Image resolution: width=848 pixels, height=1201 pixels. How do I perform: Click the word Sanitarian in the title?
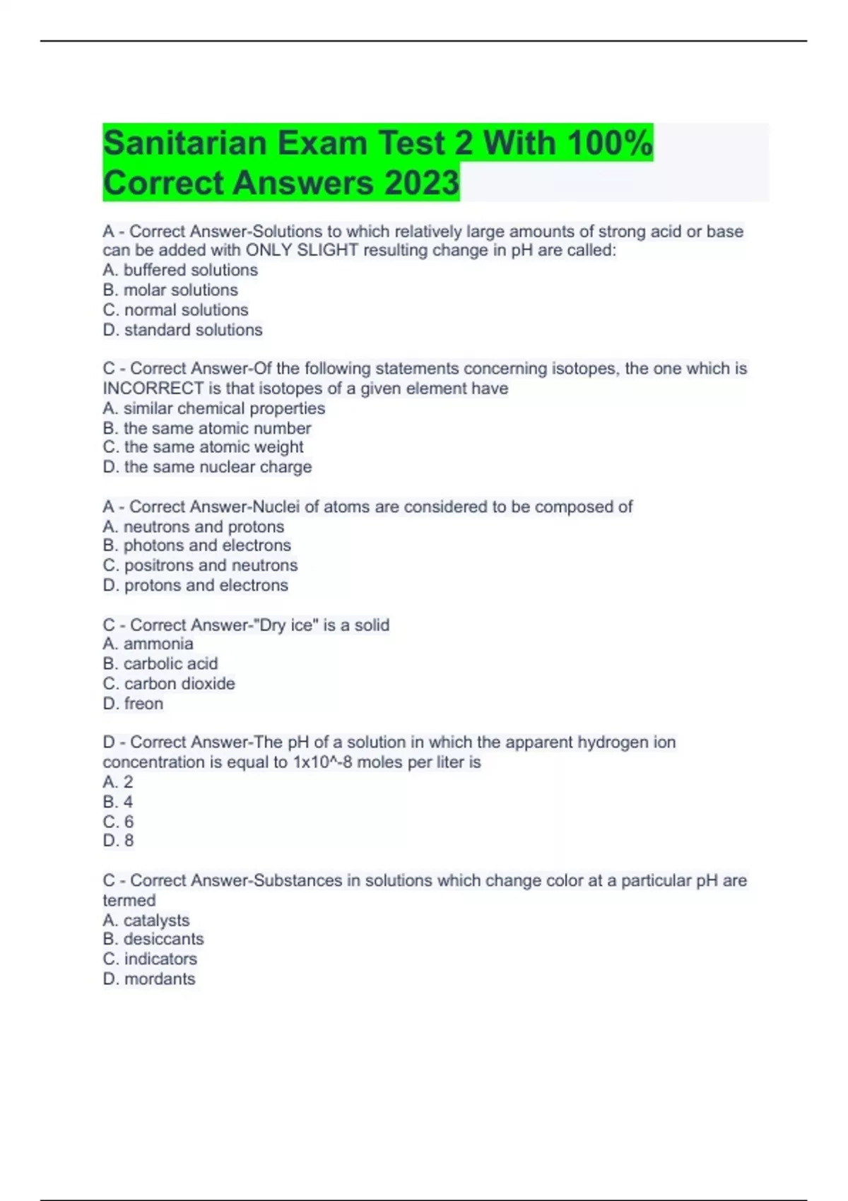(185, 143)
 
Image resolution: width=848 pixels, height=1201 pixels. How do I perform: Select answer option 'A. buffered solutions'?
(180, 270)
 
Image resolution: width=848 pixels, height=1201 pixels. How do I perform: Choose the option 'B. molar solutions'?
(170, 290)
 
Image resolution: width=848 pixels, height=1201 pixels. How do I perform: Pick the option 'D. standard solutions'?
(182, 330)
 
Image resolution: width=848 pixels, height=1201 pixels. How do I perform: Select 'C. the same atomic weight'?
(203, 447)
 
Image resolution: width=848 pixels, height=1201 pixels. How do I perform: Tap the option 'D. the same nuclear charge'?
(207, 467)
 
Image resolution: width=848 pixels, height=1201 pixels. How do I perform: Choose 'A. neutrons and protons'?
(193, 526)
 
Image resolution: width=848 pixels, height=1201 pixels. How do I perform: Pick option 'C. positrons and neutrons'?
(200, 565)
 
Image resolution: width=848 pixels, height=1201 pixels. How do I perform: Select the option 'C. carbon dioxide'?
(169, 684)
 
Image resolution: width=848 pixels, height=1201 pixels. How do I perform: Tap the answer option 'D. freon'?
(133, 704)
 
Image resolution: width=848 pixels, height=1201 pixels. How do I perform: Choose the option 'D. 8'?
(118, 841)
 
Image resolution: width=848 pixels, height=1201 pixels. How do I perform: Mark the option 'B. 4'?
(118, 802)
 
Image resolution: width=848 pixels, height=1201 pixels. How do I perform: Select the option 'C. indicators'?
(150, 959)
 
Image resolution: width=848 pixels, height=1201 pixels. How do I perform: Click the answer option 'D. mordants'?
(149, 979)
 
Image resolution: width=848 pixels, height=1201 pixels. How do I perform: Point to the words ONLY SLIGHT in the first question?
(302, 250)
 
